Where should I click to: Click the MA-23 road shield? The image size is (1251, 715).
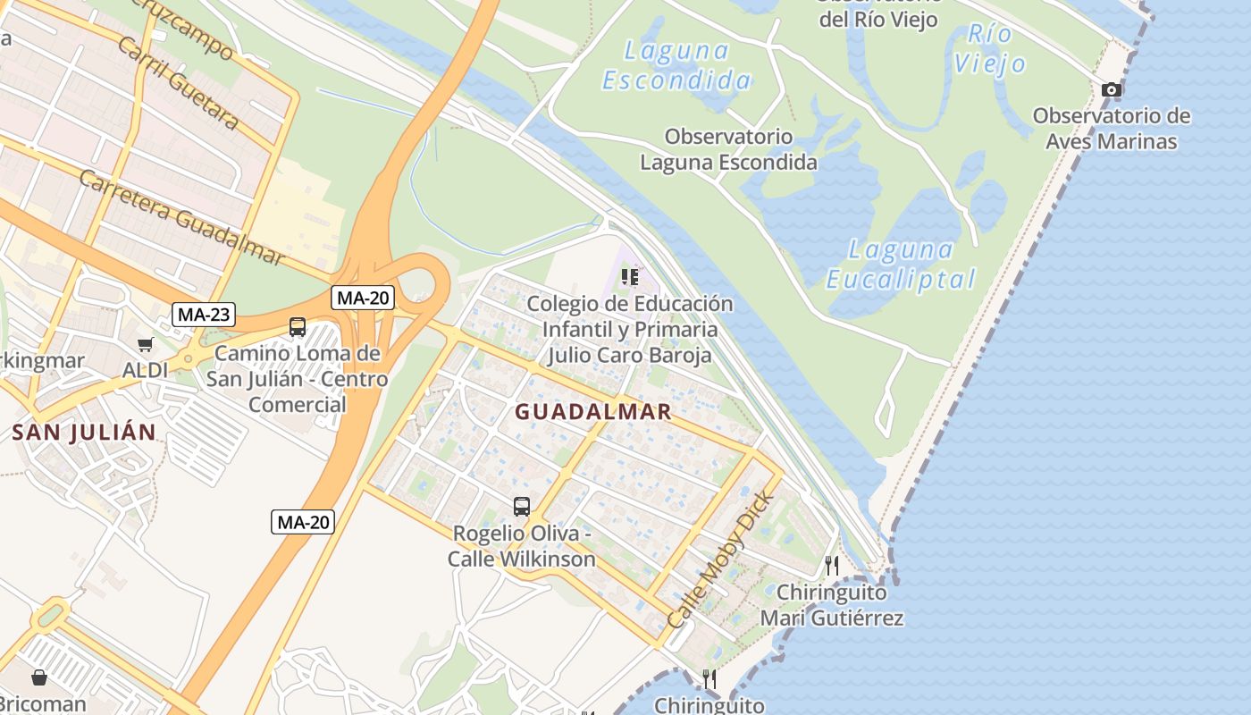(x=204, y=314)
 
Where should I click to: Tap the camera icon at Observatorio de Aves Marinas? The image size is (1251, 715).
(x=1112, y=89)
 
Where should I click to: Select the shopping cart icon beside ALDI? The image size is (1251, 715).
(x=145, y=344)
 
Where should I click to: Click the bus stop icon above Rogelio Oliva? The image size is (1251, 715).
(x=522, y=507)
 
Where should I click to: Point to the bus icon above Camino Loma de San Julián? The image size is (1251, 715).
(x=298, y=327)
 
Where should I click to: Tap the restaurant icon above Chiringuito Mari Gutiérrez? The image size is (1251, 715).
(x=832, y=565)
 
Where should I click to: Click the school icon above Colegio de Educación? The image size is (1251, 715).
(x=630, y=277)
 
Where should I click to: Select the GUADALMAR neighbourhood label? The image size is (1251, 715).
(x=593, y=412)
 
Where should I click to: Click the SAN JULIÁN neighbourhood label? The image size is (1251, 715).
(x=84, y=433)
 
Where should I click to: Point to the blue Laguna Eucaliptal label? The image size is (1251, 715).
(x=901, y=265)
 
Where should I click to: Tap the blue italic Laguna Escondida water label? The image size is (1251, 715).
(x=676, y=65)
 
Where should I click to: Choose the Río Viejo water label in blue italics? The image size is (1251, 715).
(x=989, y=49)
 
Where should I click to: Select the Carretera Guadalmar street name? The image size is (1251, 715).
(x=181, y=217)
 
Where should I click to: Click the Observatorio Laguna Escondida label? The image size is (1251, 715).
(x=728, y=149)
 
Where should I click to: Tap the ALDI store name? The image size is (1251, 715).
(x=146, y=370)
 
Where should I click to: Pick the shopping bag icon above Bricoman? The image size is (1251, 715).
(x=39, y=677)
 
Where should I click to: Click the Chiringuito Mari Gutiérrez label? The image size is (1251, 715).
(x=832, y=605)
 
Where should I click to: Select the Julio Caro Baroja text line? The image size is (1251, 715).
(x=629, y=355)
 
